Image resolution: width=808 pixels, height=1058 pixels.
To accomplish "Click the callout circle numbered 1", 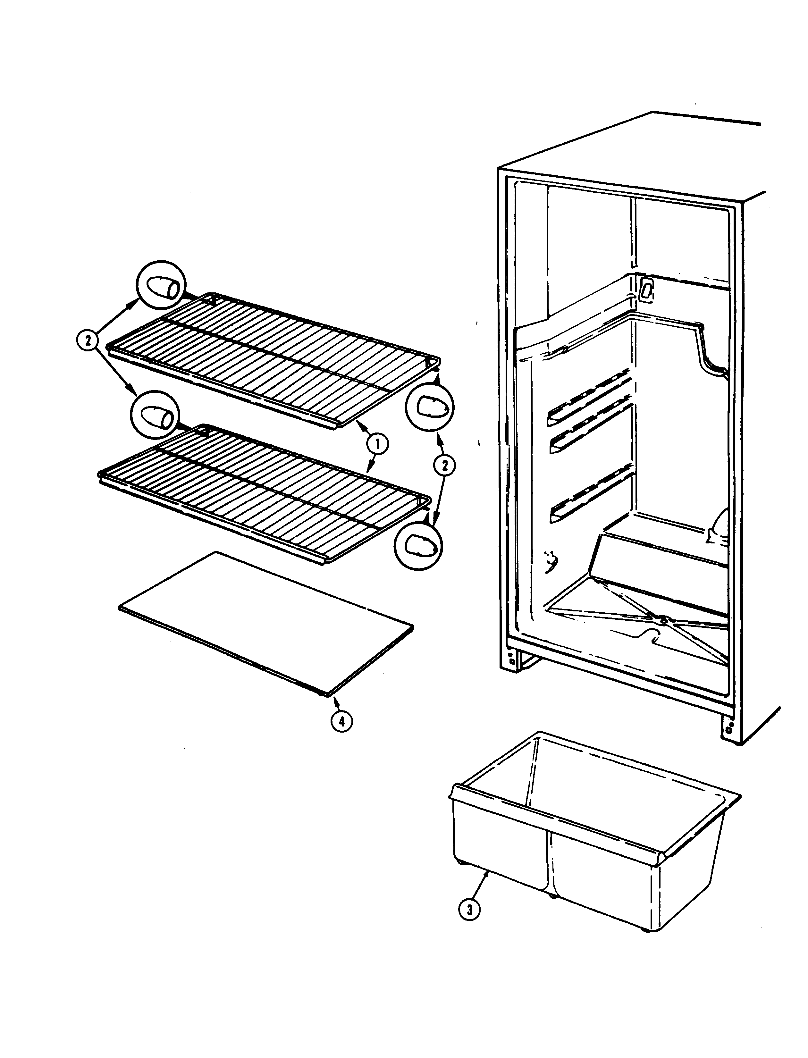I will coord(378,444).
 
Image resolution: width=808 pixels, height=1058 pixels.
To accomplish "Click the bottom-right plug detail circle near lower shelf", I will coord(417,545).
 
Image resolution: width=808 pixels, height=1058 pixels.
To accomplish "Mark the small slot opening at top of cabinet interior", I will coord(647,288).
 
